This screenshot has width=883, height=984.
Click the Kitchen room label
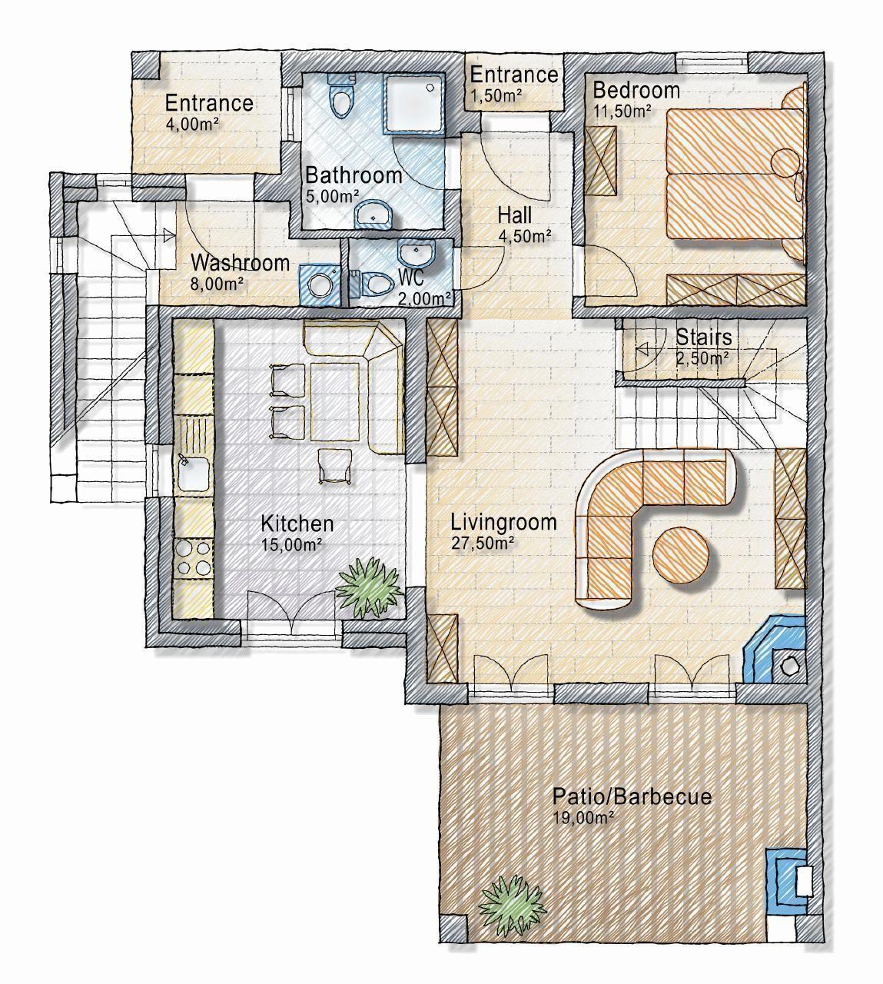coord(297,524)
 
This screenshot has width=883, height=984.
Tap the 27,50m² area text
coord(483,543)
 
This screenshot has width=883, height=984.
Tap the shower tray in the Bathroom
coord(415,104)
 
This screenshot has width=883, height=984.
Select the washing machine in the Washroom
coord(319,285)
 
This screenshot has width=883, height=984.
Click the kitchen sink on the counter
coord(194,473)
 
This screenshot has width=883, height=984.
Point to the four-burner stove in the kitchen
coord(194,559)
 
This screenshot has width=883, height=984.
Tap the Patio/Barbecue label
coord(632,797)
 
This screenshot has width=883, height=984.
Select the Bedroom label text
coord(636,91)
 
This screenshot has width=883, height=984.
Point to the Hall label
coord(514,215)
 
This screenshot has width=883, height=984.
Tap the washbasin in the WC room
coord(417,253)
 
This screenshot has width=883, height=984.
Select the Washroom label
coord(241,263)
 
